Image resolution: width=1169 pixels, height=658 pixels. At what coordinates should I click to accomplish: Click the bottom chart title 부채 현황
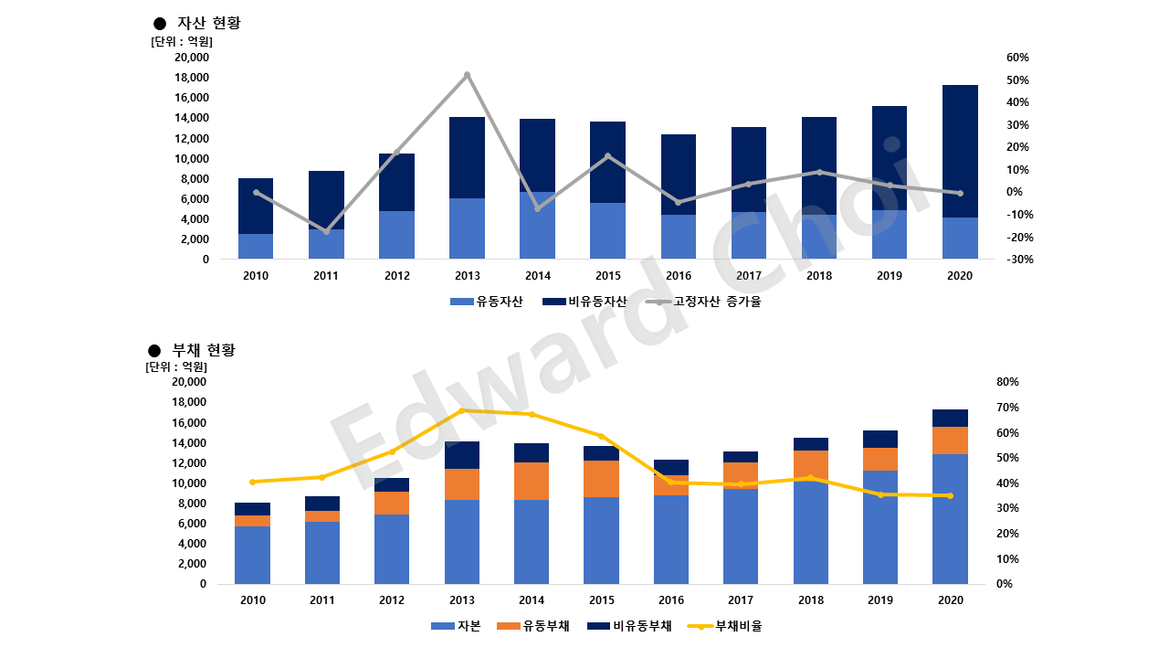point(204,350)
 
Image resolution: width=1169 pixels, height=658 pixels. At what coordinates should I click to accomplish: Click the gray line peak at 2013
point(468,75)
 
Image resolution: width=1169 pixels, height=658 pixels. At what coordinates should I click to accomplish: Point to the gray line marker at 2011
point(327,231)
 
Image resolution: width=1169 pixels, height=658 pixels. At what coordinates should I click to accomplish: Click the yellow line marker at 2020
point(950,495)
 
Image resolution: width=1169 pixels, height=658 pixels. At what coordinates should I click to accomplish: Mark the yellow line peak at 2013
point(461,410)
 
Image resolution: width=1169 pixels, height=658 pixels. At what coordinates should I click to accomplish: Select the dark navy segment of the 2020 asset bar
point(960,151)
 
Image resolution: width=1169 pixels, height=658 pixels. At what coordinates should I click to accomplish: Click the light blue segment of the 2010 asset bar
point(256,247)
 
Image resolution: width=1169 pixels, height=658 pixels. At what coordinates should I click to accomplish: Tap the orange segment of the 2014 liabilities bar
point(532,481)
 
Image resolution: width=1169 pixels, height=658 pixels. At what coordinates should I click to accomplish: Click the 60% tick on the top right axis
point(1017,58)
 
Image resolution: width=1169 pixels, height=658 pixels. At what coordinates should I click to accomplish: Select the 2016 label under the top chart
point(679,275)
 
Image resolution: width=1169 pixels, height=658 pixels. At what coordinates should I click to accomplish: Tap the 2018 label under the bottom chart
point(811,600)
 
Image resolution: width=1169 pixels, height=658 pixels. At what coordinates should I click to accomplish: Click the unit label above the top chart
point(181,41)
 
